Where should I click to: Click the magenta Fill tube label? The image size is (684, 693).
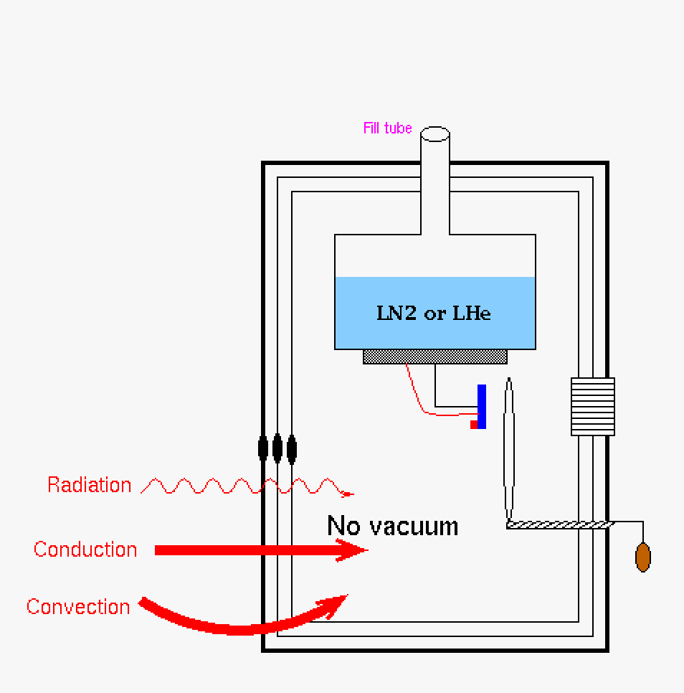coord(387,128)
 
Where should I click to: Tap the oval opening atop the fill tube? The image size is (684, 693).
coord(434,133)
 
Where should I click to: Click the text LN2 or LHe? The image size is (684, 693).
coord(434,313)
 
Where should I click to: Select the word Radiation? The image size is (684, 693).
coord(90,485)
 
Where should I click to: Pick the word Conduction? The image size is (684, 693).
coord(85,550)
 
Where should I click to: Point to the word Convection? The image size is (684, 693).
coord(78,607)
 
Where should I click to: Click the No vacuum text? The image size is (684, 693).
coord(392,526)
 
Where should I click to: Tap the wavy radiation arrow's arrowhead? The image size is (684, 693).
coord(348,494)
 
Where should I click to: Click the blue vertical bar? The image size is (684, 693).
coord(482,406)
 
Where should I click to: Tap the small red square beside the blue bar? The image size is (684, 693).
coord(474,425)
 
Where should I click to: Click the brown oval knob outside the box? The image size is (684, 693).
coord(643,557)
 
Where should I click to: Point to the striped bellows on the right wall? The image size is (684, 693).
coord(592,407)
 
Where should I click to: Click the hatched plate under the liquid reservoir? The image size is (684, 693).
coord(434,357)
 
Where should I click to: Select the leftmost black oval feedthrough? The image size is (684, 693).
coord(263,448)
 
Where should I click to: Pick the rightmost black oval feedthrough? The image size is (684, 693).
coord(292,448)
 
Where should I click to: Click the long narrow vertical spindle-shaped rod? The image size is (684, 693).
coord(509,448)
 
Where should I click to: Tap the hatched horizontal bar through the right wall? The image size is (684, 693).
coord(559,525)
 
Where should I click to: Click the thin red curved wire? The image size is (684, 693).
coord(419,398)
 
